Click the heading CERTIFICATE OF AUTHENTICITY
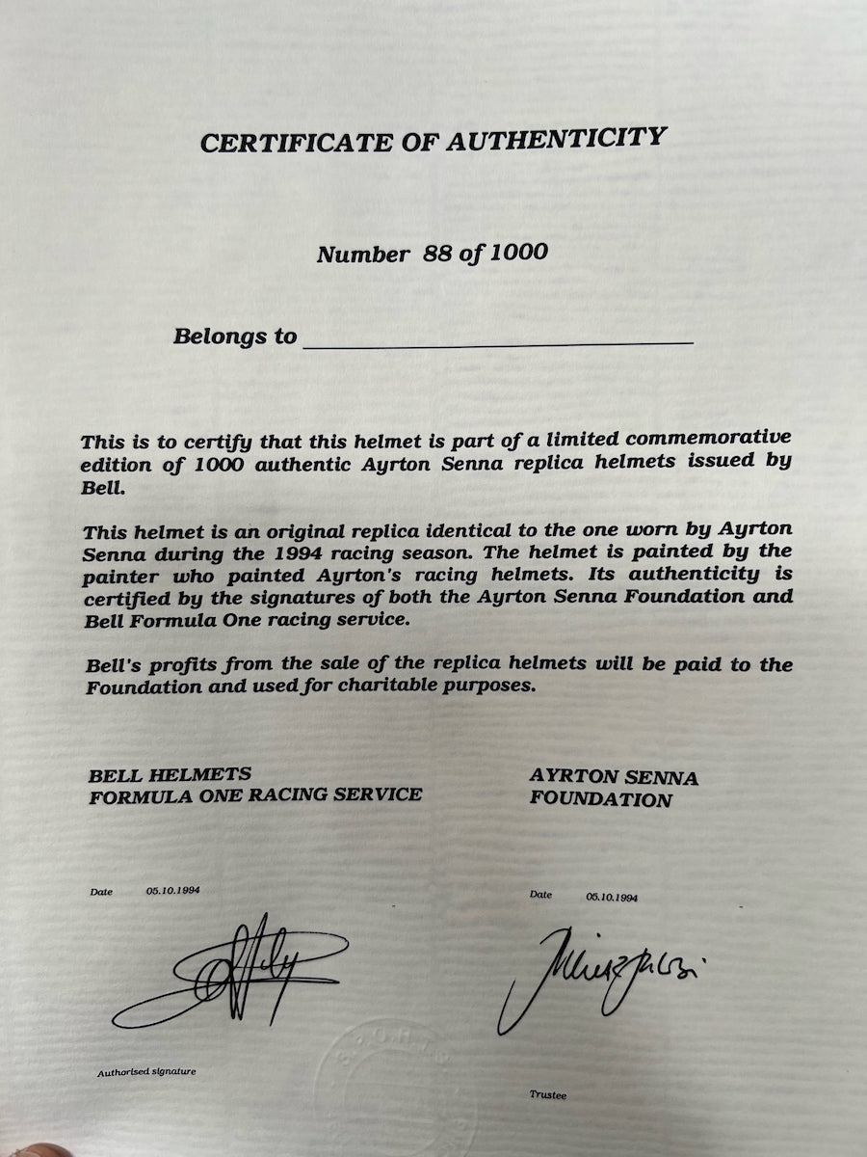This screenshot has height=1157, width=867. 433,141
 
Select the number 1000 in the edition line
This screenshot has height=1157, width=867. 519,253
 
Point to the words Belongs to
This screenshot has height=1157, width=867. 235,336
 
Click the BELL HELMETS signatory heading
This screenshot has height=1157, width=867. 170,774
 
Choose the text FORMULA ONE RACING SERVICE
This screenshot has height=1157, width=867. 255,795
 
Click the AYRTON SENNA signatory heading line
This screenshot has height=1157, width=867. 614,777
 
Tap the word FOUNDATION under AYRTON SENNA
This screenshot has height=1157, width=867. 600,800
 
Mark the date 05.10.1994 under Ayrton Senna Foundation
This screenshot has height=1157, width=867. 612,897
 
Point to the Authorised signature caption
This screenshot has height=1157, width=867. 146,1072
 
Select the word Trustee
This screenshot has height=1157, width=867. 549,1095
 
